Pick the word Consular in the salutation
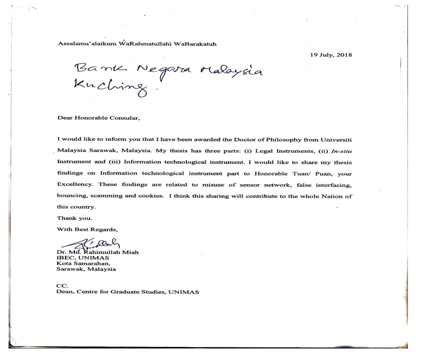pos(121,119)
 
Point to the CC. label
pos(62,287)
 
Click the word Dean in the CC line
pos(65,292)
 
